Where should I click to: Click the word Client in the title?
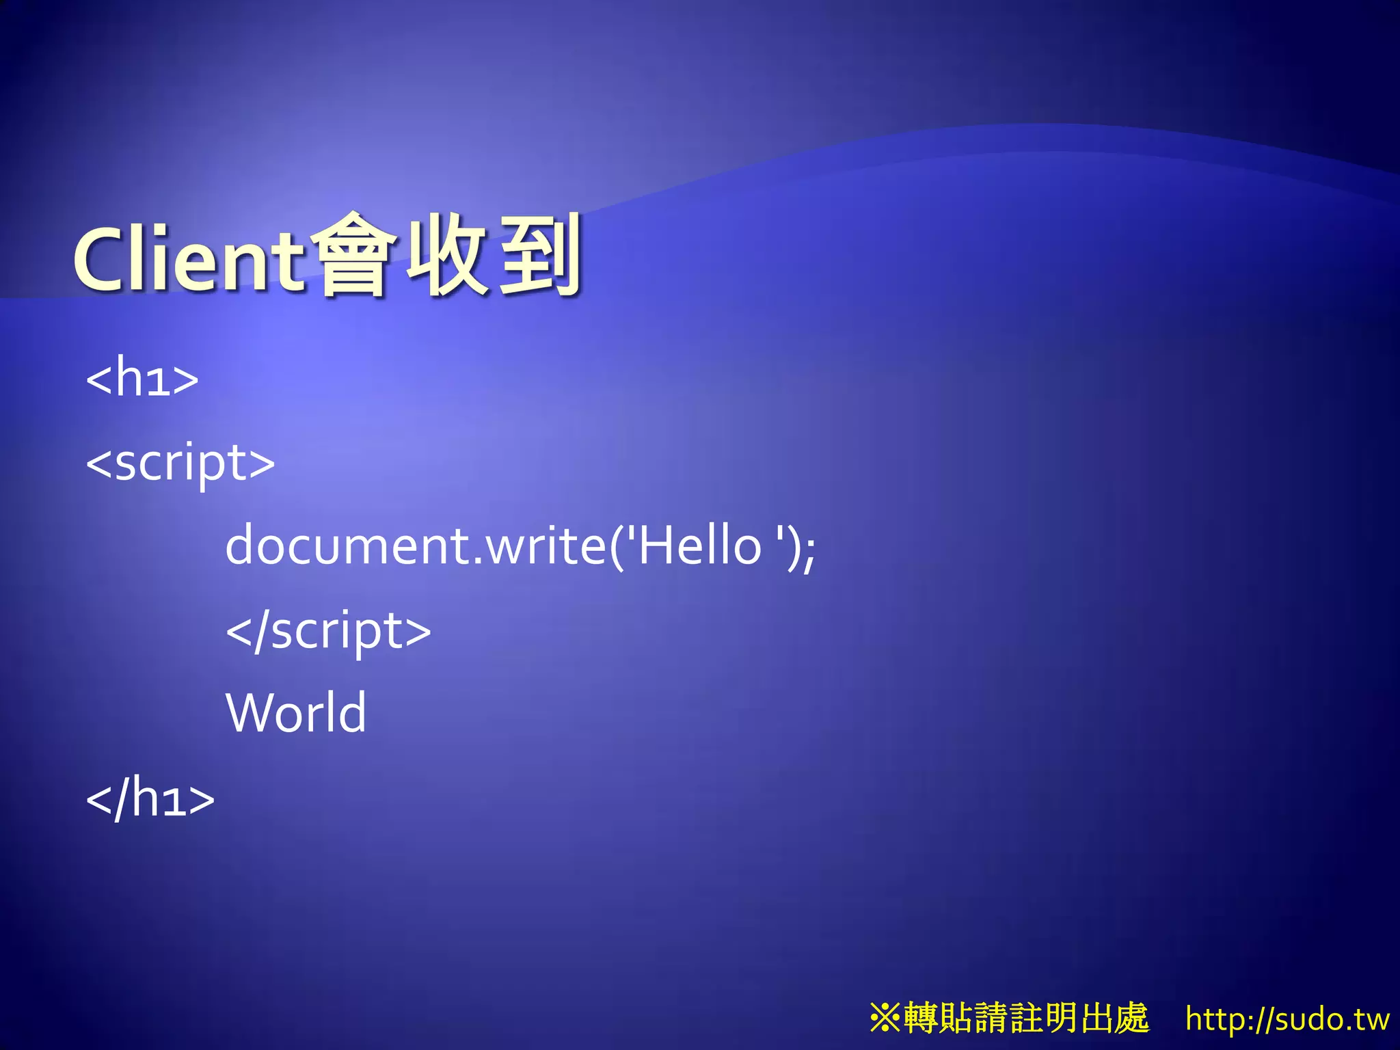(x=188, y=258)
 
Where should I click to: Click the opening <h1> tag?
(x=142, y=377)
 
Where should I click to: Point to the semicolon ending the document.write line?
(x=809, y=551)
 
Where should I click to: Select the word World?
(x=296, y=713)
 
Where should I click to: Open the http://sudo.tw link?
(x=1287, y=1019)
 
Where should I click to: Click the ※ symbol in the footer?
(x=885, y=1018)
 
